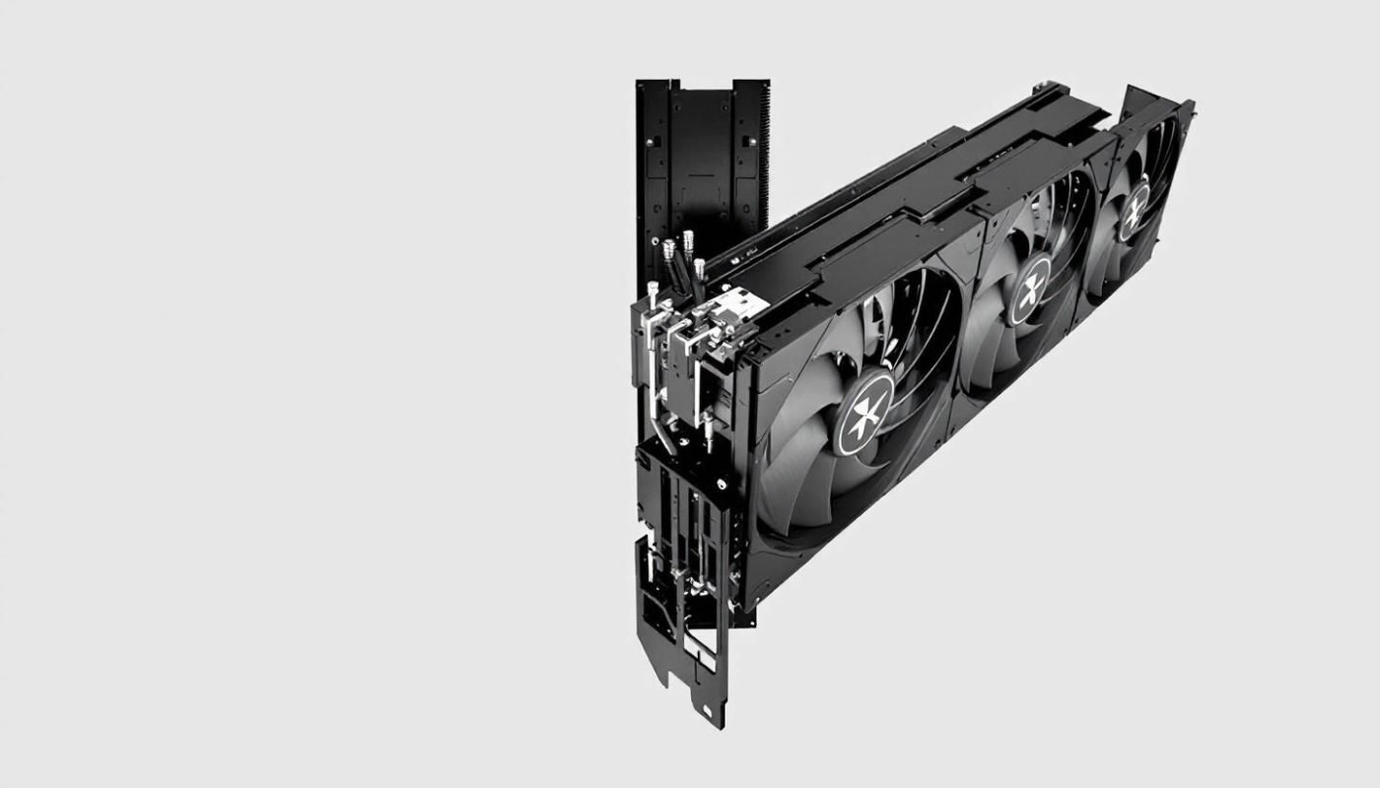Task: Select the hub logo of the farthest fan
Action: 1134,210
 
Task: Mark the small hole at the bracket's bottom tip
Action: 707,710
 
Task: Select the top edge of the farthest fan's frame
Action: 1158,98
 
